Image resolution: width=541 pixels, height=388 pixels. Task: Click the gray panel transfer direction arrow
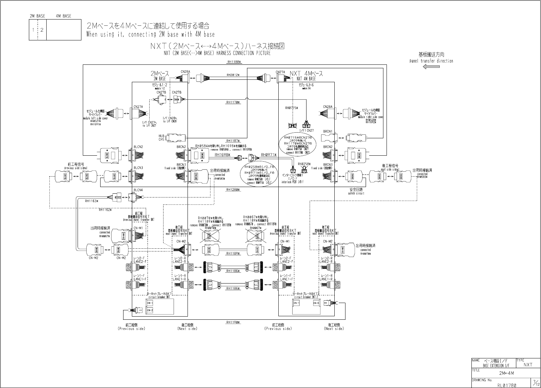coord(431,67)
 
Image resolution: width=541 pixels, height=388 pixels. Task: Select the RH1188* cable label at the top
coord(234,62)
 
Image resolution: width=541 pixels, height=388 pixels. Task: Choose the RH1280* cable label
coord(233,190)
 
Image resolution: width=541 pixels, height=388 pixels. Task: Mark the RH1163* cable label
coord(92,201)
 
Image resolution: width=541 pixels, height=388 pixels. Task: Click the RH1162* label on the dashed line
coord(105,210)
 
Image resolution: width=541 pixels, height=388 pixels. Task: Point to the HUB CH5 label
coord(161,138)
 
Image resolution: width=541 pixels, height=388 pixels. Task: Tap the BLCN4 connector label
coord(138,190)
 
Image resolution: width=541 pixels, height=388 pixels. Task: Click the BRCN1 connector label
coord(328,132)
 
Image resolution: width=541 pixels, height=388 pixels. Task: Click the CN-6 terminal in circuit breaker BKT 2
coord(316,303)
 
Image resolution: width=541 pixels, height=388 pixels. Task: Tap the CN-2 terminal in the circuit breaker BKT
coord(150,310)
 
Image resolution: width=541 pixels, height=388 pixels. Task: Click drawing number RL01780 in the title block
coord(507,385)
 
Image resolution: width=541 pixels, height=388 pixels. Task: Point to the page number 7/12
coord(534,383)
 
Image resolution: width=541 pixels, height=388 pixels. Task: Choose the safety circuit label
coord(356,192)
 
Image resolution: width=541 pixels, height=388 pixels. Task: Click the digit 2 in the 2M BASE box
coord(42,30)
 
